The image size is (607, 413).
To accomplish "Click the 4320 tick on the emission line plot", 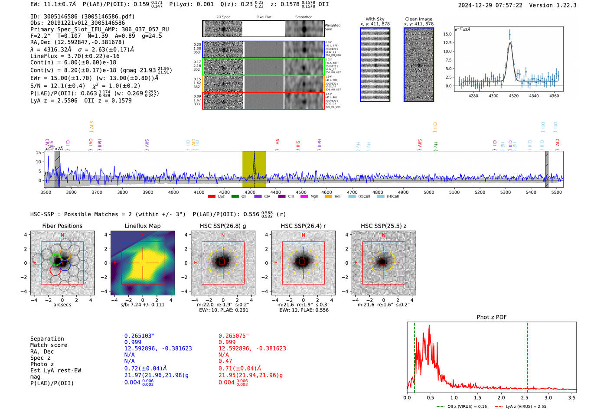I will [x=514, y=96].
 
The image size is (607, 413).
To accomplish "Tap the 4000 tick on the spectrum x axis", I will [x=173, y=192].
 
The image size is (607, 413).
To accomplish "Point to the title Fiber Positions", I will [x=62, y=226].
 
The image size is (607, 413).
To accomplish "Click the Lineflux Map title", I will [x=143, y=226].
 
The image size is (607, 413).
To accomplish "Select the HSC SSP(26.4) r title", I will [x=303, y=226].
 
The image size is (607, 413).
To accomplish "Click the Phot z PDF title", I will [x=492, y=317].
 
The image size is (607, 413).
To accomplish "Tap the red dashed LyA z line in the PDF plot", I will [x=527, y=355].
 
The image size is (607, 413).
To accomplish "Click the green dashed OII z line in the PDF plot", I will [x=414, y=355].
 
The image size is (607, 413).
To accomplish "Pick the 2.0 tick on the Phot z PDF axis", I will [x=501, y=397].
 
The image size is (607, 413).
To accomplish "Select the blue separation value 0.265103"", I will [x=139, y=336].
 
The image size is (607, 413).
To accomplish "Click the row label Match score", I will [x=49, y=345].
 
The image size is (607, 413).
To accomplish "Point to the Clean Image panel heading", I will [x=418, y=19].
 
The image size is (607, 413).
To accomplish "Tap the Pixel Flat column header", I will [x=264, y=17].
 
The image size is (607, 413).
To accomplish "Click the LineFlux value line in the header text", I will [x=75, y=56].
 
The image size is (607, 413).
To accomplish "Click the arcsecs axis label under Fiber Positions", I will [x=62, y=305].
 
